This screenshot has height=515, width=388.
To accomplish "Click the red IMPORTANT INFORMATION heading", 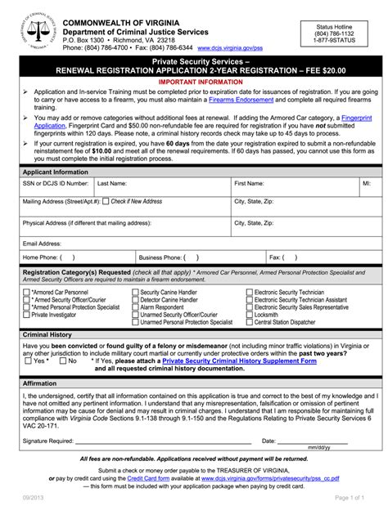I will (194, 83).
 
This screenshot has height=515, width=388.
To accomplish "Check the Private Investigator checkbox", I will (27, 315).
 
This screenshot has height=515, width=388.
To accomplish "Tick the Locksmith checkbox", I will (250, 315).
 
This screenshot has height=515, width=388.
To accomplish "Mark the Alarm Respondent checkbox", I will (136, 307).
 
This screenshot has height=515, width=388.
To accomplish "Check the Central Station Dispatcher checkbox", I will (250, 322).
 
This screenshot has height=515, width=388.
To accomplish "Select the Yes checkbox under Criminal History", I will (27, 360).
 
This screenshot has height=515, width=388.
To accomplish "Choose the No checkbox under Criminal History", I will (62, 360).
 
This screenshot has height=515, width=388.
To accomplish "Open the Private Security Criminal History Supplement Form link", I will (239, 360).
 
